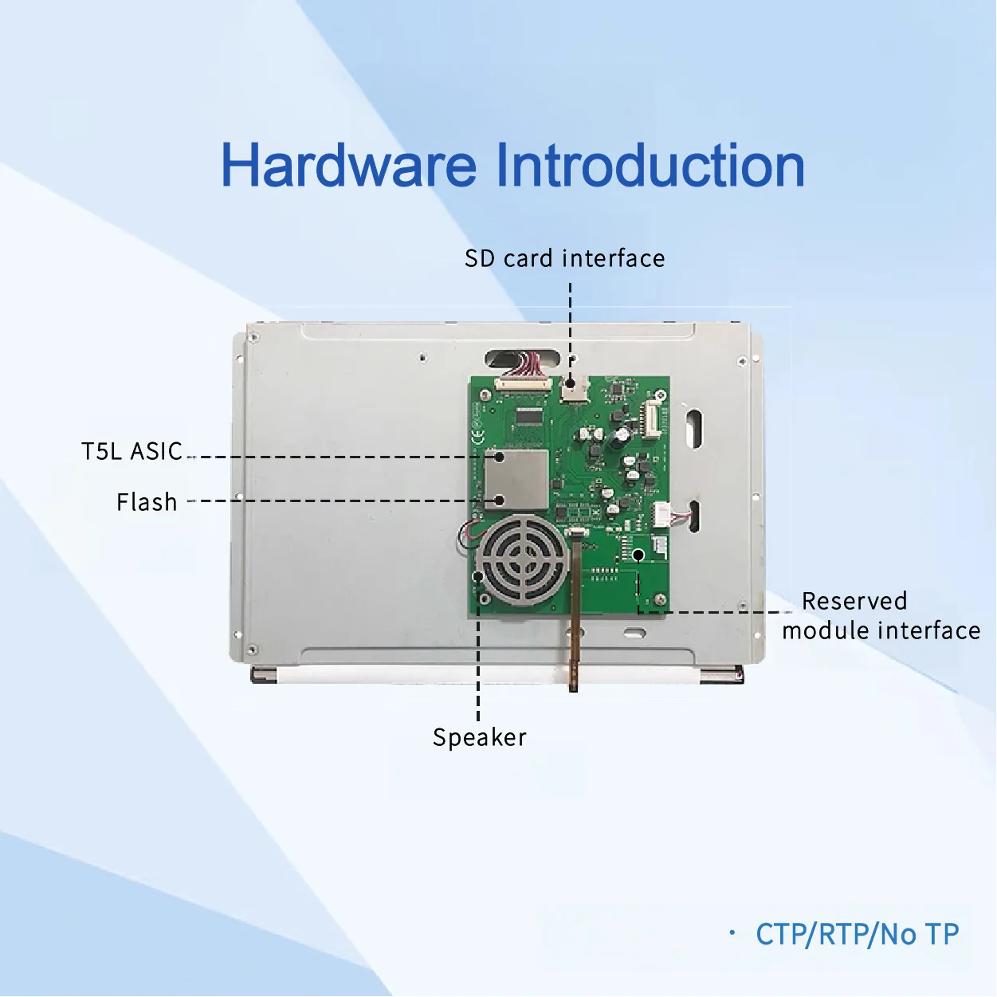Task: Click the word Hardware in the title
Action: coord(348,166)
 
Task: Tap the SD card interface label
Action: coord(564,259)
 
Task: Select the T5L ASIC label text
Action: coord(132,452)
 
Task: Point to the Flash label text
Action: coord(147,503)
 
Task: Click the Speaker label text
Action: coord(479,738)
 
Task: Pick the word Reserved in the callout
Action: coord(854,601)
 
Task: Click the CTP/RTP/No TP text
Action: coord(857,934)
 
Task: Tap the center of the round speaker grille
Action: coord(521,560)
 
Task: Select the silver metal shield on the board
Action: coord(516,479)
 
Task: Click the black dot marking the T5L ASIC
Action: coord(499,457)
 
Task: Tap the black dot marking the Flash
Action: coord(499,500)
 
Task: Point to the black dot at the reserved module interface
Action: coord(638,554)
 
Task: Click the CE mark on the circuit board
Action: coord(477,437)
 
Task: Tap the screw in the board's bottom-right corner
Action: coord(660,599)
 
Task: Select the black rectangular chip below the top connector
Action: coord(528,415)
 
